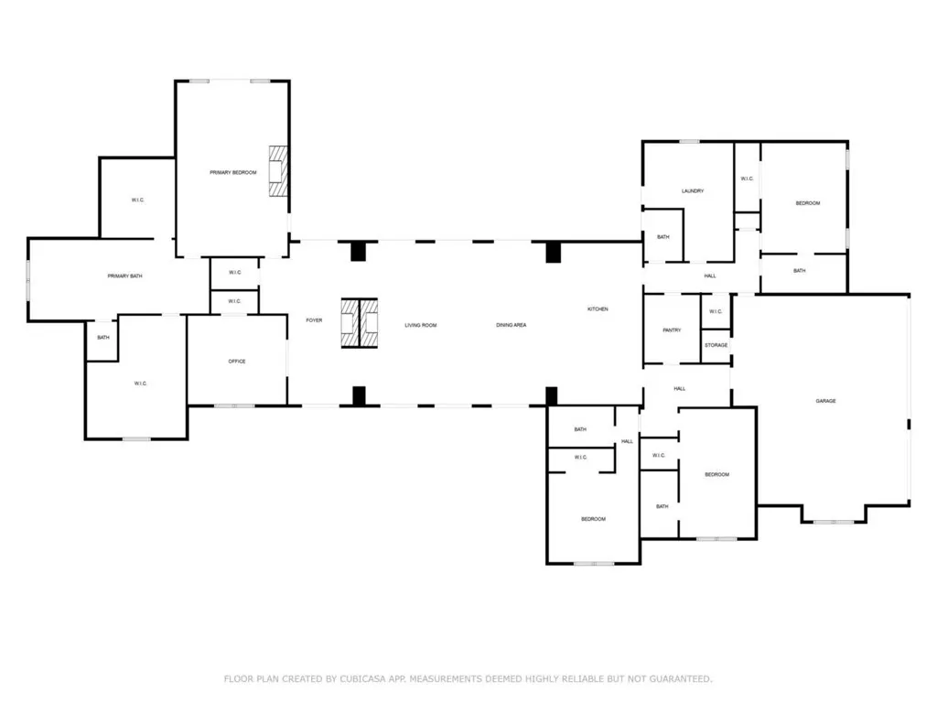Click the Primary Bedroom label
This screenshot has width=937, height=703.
[x=233, y=173]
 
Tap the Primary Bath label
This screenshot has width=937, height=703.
[x=124, y=276]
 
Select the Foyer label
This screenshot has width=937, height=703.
[x=315, y=320]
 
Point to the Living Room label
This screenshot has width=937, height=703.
[x=421, y=325]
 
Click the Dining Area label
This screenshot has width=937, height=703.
[x=512, y=325]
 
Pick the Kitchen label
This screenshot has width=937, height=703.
[x=598, y=309]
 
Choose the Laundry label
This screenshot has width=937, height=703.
[x=693, y=191]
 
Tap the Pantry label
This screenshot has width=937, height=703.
[x=673, y=330]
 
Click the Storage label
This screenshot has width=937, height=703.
[x=716, y=345]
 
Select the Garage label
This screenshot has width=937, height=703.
[x=826, y=401]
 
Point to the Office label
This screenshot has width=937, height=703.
[x=237, y=362]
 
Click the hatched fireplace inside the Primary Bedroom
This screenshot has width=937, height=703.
[x=278, y=171]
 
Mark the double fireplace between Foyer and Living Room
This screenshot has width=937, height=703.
[x=359, y=323]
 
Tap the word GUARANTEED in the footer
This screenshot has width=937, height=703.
[x=681, y=679]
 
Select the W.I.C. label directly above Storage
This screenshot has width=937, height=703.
[x=716, y=311]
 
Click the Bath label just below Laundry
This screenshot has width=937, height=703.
[x=663, y=237]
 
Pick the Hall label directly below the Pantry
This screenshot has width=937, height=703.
[x=680, y=388]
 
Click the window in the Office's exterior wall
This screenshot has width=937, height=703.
[x=235, y=406]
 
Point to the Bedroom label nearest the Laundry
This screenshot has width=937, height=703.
[x=808, y=203]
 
